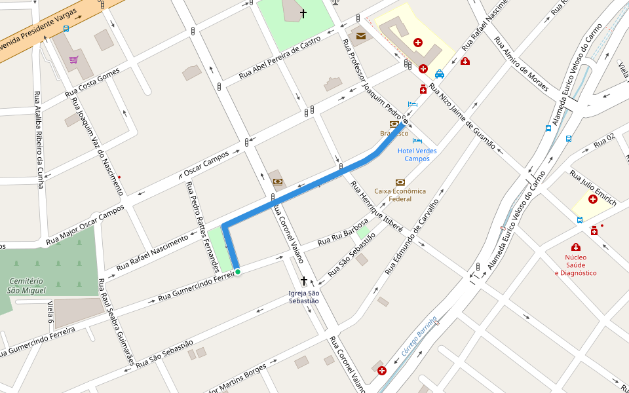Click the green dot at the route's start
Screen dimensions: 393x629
[x=238, y=272]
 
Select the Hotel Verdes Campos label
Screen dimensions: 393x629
[x=417, y=155]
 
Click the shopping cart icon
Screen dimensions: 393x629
[x=73, y=60]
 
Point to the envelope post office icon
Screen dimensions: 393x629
[x=360, y=35]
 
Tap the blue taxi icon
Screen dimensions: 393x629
[x=440, y=74]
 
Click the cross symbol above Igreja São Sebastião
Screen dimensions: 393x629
[x=303, y=281]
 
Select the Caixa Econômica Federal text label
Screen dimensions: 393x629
[x=400, y=195]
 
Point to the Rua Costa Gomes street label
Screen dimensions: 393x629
[x=92, y=84]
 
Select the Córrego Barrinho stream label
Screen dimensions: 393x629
[x=415, y=341]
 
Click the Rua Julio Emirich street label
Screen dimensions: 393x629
[x=593, y=188]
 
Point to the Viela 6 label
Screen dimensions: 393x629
[x=50, y=312]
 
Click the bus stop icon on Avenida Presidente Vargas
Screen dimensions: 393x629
[x=66, y=29]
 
